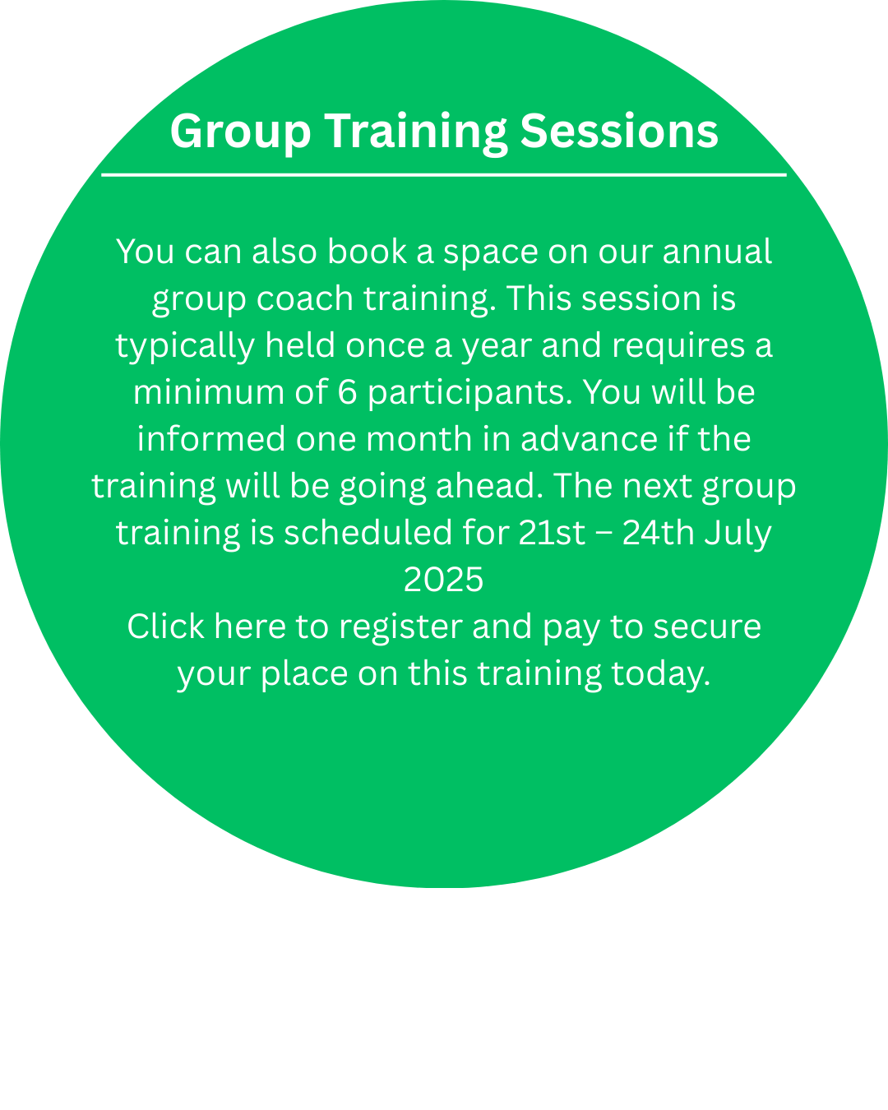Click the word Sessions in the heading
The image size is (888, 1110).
click(x=618, y=132)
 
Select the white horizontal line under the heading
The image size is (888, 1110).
click(x=444, y=175)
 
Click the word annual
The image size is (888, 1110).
click(x=717, y=252)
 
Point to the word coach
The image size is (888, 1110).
click(x=304, y=298)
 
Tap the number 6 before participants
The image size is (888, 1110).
click(x=347, y=392)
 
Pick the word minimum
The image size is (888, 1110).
click(x=209, y=392)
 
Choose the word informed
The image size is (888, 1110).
click(x=211, y=439)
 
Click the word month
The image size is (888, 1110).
click(x=419, y=439)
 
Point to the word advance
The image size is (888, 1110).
click(x=589, y=439)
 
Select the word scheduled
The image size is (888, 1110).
click(x=368, y=533)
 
